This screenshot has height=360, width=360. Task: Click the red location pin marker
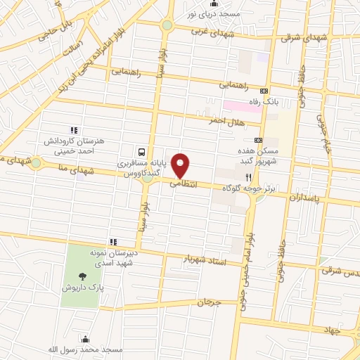(x=181, y=165)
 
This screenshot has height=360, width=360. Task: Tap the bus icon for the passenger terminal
(x=142, y=151)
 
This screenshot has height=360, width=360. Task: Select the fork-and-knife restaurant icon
(x=248, y=177)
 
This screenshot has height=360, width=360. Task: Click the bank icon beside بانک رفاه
(x=264, y=91)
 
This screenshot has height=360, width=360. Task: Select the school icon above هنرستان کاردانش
(x=72, y=129)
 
